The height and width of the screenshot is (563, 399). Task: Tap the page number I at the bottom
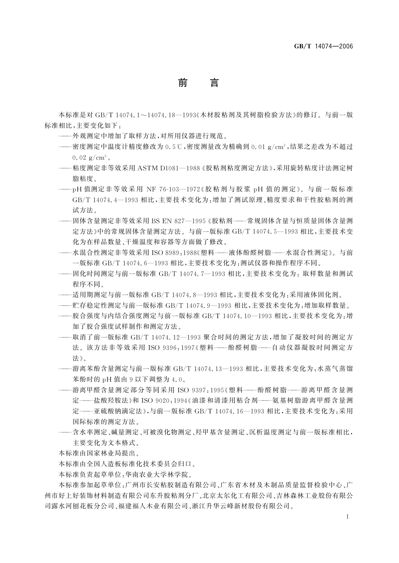point(348,517)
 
